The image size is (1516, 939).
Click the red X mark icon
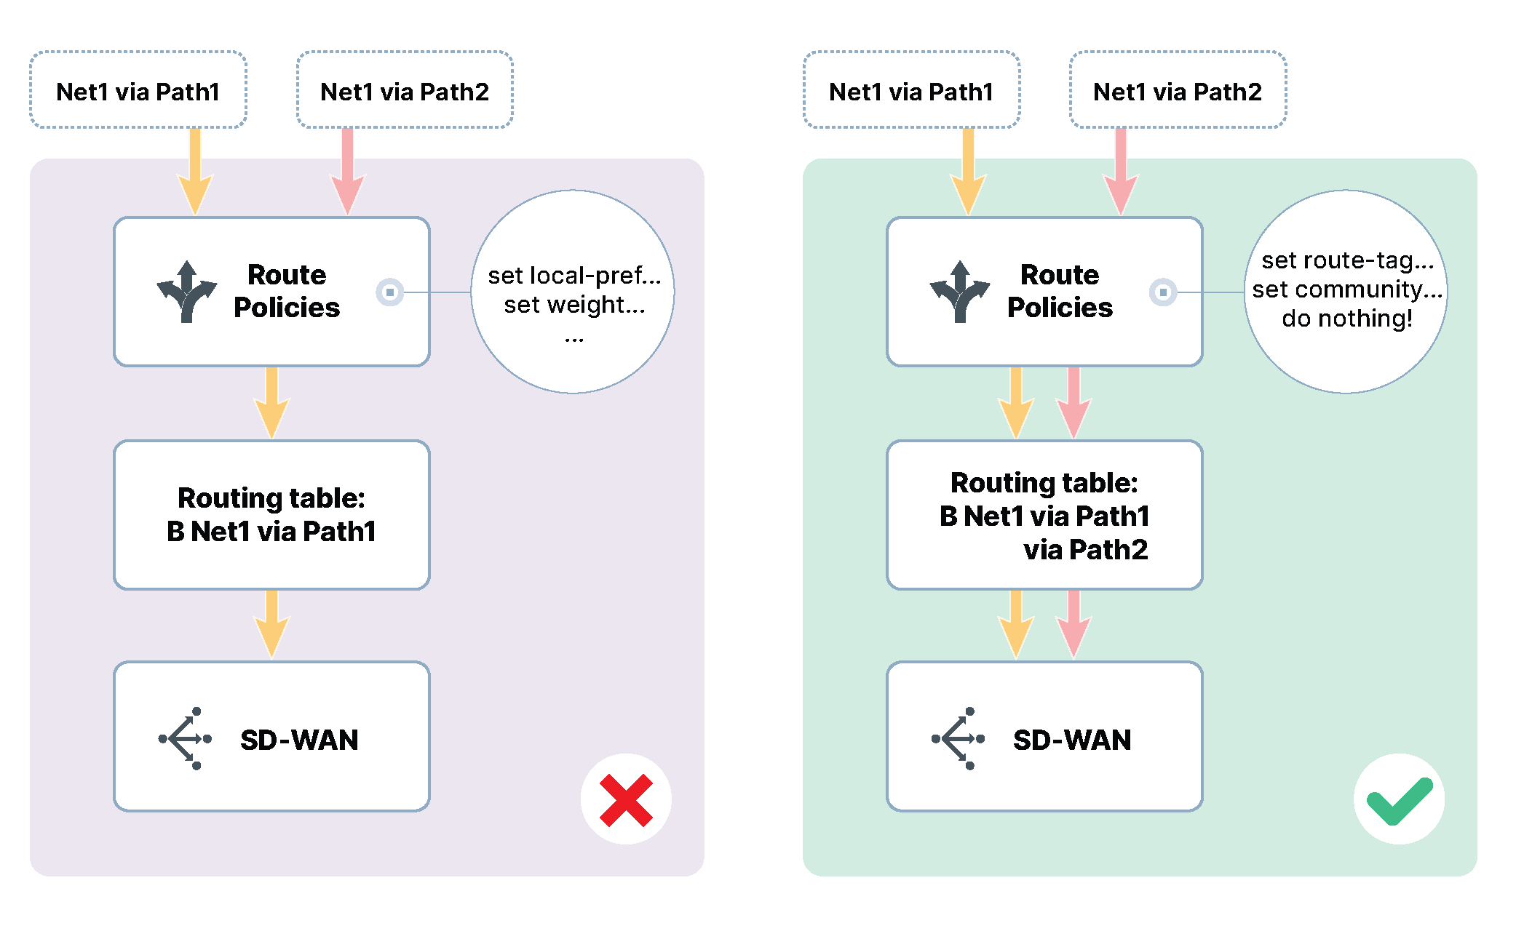coord(626,799)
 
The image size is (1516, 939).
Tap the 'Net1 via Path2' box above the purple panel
coord(405,91)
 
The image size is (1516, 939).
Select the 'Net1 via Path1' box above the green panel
coord(911,91)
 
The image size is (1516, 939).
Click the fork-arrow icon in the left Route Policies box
coord(187,291)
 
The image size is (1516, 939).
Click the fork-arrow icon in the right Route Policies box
coord(960,291)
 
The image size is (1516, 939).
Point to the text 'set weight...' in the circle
coord(574,305)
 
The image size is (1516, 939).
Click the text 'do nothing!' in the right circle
coord(1347,319)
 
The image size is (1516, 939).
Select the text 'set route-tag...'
coord(1347,260)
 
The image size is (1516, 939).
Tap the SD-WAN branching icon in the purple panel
coord(185,738)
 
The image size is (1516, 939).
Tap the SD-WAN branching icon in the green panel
coord(958,738)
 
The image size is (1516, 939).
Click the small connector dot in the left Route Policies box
coord(390,292)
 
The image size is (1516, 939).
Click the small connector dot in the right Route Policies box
coord(1163,292)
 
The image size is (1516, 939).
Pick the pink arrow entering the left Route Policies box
coord(348,175)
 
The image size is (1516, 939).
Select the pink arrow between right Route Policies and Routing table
coord(1073,404)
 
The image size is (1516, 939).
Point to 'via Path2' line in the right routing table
coord(1085,550)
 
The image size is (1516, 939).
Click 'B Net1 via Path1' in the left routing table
coord(271,532)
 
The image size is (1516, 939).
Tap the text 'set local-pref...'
coord(574,276)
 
